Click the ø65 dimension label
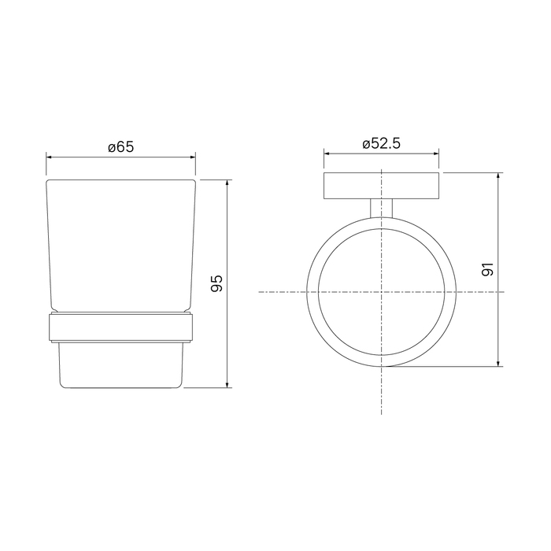[x=121, y=146]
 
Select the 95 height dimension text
[x=218, y=283]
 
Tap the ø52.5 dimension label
[x=382, y=143]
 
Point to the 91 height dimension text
[x=488, y=269]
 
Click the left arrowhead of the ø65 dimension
[x=50, y=157]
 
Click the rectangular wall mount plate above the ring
[x=382, y=184]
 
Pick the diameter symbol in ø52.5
[x=366, y=144]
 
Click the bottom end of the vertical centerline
[x=382, y=413]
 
